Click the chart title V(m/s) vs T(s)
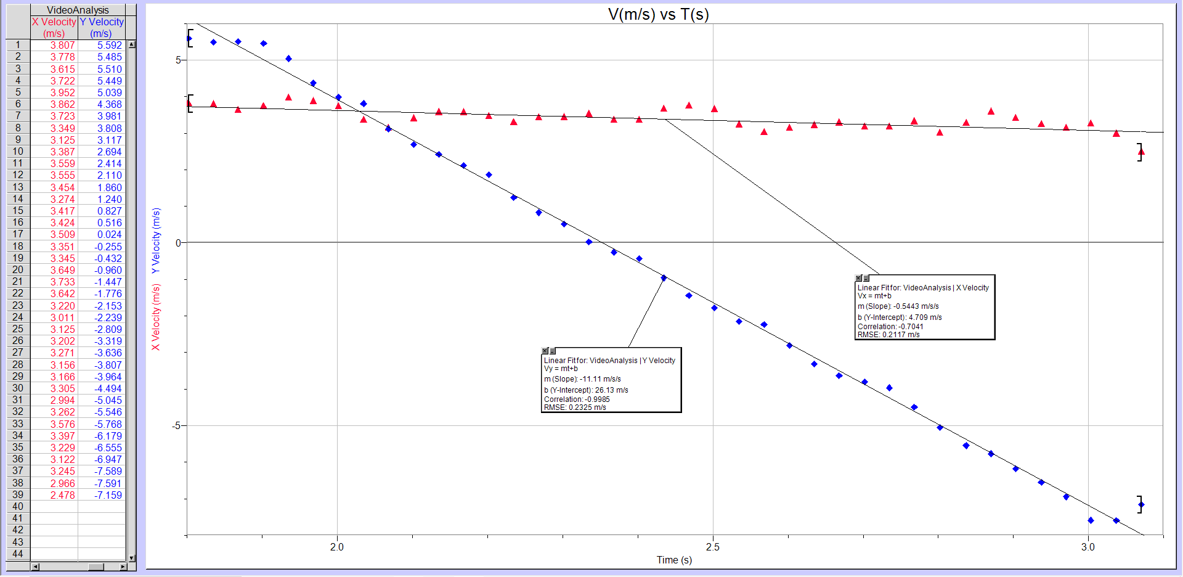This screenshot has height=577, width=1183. (x=658, y=14)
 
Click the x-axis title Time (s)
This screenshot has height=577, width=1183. (x=674, y=560)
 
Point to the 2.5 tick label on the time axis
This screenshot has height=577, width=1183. (x=712, y=547)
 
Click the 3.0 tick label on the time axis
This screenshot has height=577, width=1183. (x=1088, y=547)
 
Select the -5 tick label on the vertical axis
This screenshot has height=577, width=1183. (x=177, y=426)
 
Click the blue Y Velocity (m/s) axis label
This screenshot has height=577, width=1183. (x=156, y=240)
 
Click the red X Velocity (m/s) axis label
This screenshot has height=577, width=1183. (x=156, y=317)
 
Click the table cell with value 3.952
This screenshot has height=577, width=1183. (x=62, y=92)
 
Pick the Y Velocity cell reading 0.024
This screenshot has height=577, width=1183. (x=109, y=234)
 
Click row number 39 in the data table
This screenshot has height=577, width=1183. (x=18, y=494)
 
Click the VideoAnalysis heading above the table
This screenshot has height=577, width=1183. (x=78, y=10)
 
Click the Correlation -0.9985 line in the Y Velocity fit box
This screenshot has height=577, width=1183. (x=577, y=399)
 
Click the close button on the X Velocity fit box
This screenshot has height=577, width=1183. (x=858, y=279)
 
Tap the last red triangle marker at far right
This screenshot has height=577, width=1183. (x=1141, y=151)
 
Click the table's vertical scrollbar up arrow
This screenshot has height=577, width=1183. (x=131, y=45)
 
